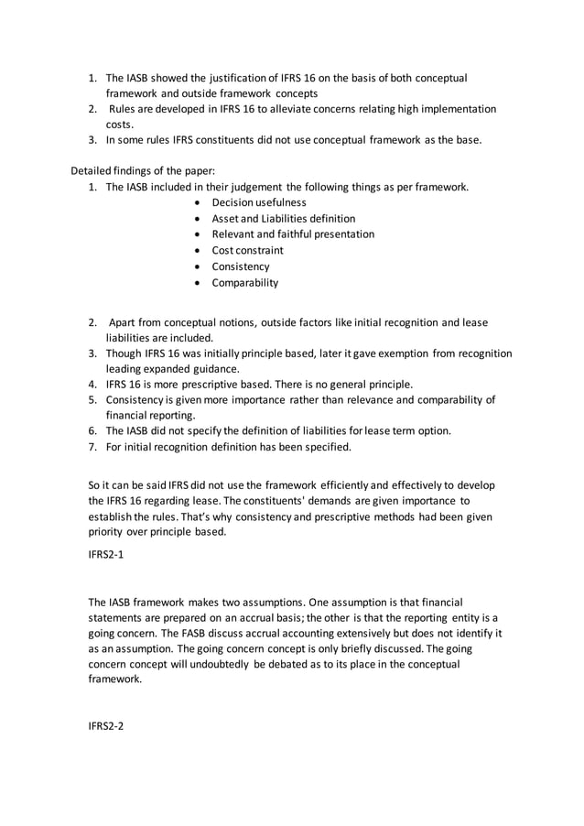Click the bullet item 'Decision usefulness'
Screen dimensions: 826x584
point(258,202)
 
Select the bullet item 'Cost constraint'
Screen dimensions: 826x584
point(247,250)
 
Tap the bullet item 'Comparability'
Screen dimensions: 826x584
point(244,283)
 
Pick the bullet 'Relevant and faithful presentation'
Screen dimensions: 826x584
point(293,234)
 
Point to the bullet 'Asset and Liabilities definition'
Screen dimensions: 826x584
point(284,219)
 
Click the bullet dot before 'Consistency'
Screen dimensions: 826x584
point(200,267)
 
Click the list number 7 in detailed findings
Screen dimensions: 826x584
point(93,448)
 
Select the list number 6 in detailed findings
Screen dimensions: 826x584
point(93,431)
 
